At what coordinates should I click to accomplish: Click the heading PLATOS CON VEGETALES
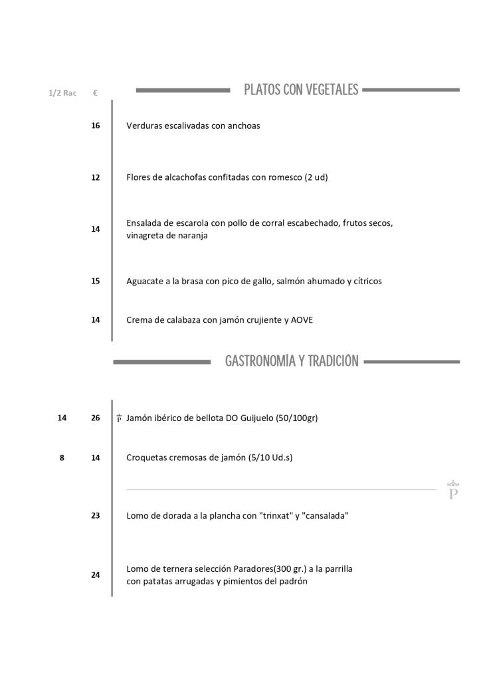click(x=301, y=90)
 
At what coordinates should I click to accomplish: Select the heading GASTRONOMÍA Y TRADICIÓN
click(x=292, y=361)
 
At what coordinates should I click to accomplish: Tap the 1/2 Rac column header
click(x=62, y=93)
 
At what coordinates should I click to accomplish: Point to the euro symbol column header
click(x=96, y=93)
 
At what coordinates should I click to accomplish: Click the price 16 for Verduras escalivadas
click(x=96, y=126)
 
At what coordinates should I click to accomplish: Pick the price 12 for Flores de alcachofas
click(x=96, y=177)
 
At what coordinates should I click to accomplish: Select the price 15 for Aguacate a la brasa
click(x=96, y=281)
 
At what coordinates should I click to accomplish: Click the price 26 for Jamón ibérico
click(x=96, y=418)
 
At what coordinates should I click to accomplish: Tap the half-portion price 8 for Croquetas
click(x=62, y=458)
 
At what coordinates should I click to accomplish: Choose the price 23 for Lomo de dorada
click(x=96, y=515)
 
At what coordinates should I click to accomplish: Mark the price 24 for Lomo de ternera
click(x=96, y=575)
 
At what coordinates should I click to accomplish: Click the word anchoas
click(x=244, y=126)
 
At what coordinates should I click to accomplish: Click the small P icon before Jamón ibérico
click(x=119, y=418)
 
